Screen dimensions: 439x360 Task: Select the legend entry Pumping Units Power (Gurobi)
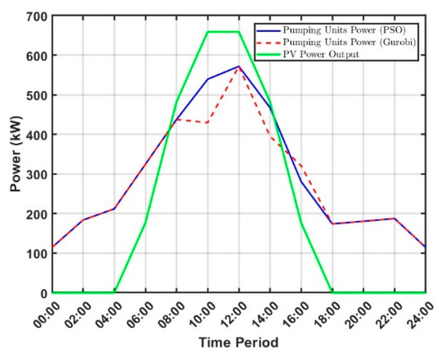[x=336, y=42]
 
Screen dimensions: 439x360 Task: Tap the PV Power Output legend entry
[x=308, y=54]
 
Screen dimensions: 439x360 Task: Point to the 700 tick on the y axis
[x=38, y=17]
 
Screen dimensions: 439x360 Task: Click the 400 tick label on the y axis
[x=38, y=135]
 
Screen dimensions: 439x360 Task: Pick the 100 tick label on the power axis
[x=38, y=253]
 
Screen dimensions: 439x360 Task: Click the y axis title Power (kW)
[x=16, y=154]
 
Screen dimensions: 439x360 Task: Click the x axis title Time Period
[x=239, y=342]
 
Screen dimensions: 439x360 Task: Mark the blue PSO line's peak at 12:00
[x=239, y=66]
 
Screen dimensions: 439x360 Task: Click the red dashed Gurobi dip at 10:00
[x=208, y=123]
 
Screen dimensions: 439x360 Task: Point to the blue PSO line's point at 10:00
[x=208, y=79]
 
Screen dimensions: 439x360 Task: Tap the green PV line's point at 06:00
[x=145, y=223]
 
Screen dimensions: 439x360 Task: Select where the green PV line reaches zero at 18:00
[x=332, y=292]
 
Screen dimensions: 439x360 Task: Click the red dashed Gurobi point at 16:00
[x=301, y=166]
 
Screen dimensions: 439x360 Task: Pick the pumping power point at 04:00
[x=114, y=209]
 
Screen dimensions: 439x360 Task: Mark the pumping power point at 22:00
[x=394, y=219]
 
